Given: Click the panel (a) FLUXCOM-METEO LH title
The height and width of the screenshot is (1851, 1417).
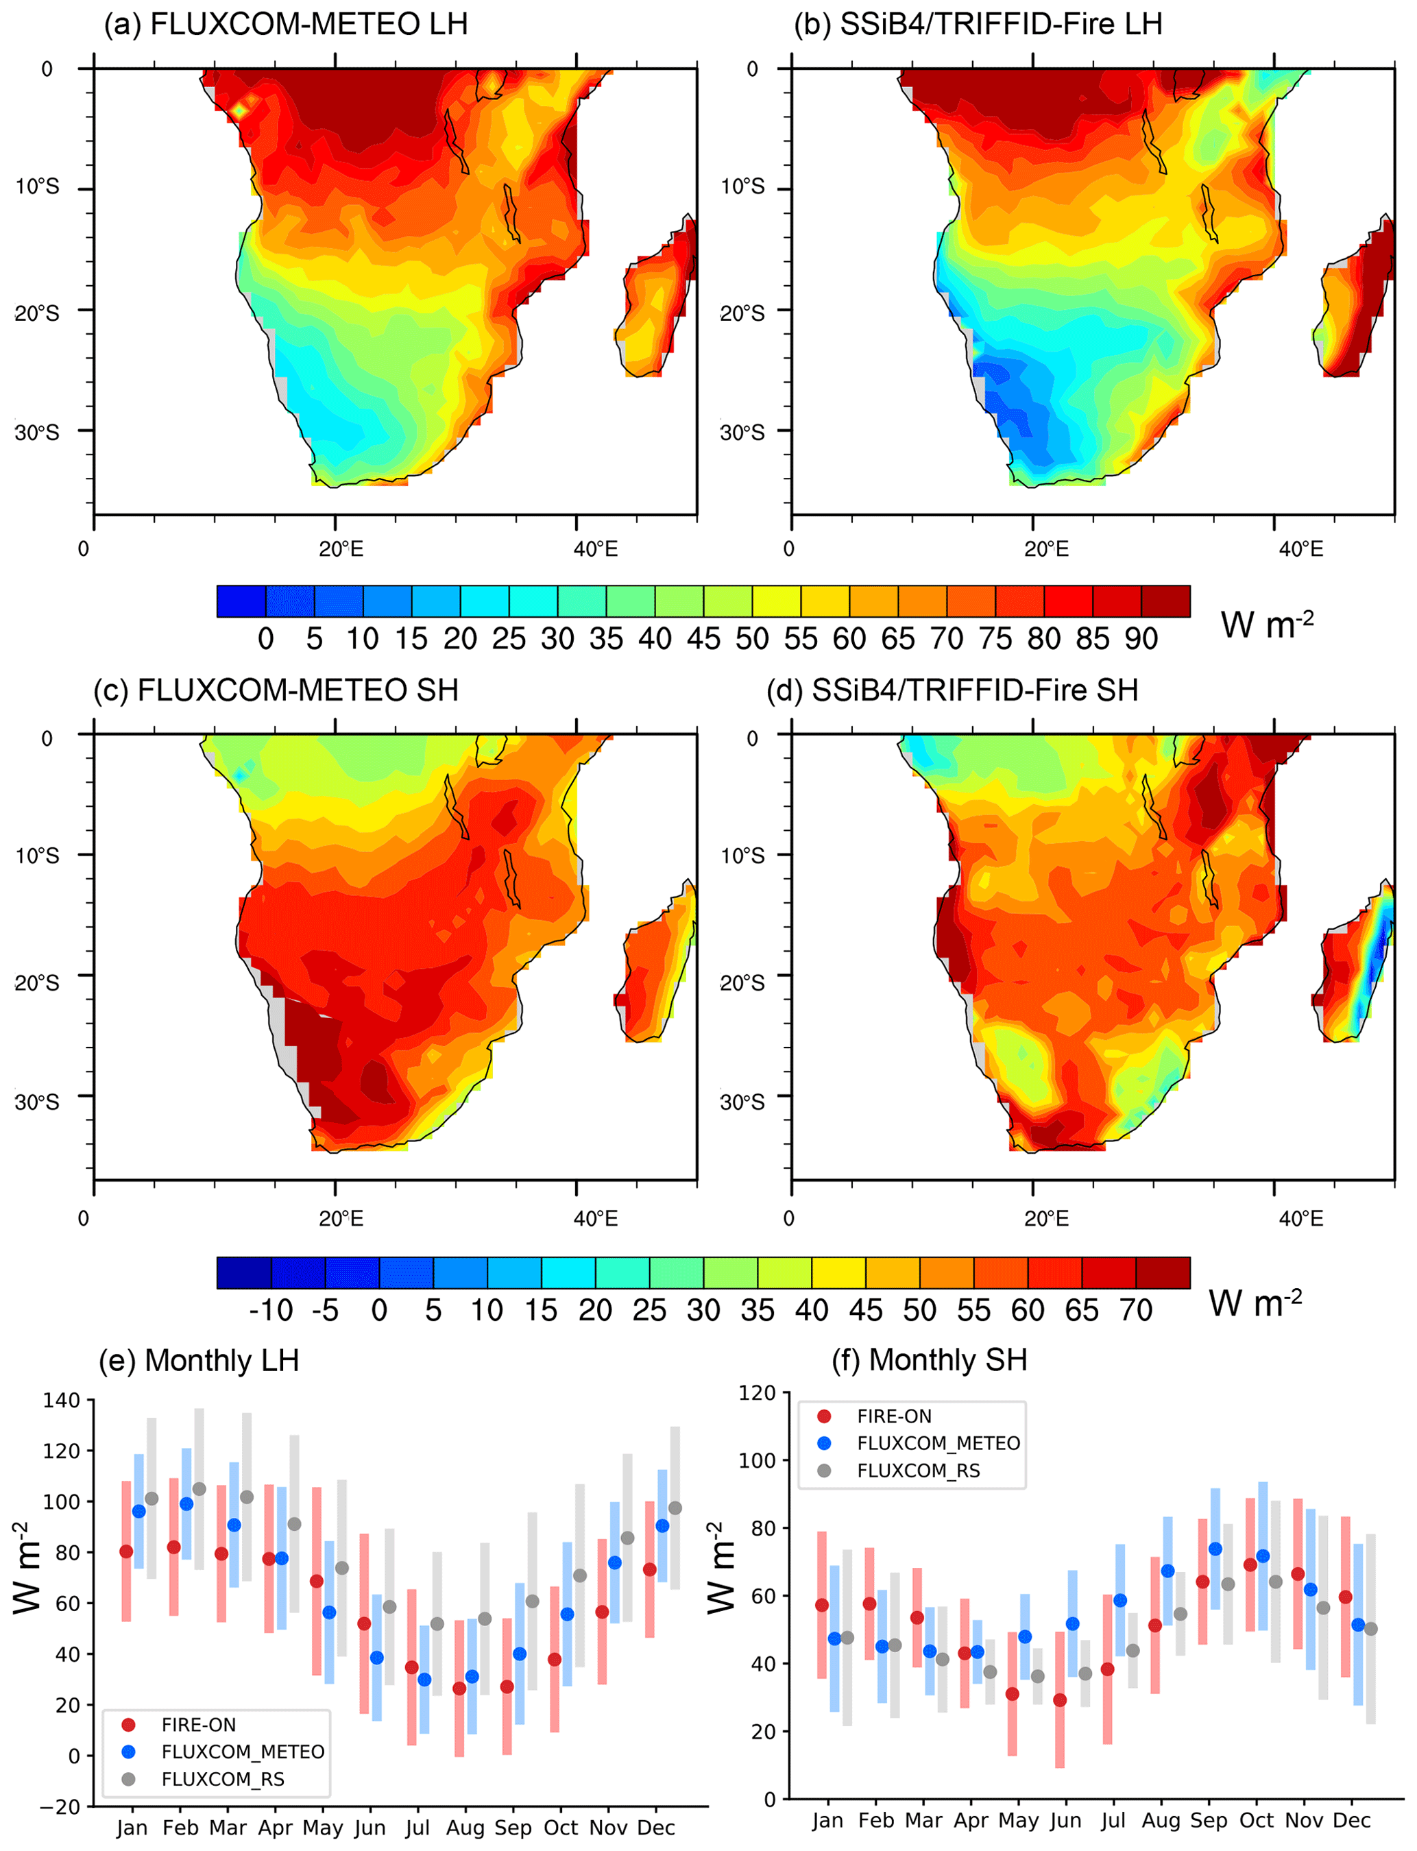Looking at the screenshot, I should tap(285, 23).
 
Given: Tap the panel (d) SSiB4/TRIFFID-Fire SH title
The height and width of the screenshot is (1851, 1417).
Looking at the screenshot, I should tap(952, 690).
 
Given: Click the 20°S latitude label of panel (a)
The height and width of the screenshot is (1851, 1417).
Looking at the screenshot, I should tap(37, 313).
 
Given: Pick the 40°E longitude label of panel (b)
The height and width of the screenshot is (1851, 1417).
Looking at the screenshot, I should tap(1300, 549).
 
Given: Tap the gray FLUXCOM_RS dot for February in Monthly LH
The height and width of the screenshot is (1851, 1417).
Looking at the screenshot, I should tap(199, 1488).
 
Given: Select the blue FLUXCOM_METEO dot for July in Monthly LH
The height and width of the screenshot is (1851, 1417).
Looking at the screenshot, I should tap(424, 1679).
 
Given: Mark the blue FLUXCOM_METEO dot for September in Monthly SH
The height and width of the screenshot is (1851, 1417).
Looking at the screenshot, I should tap(1215, 1549).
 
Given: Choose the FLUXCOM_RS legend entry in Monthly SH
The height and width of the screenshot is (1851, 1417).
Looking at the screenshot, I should tap(918, 1471).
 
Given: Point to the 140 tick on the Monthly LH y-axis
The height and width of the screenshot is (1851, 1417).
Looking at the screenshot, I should tap(61, 1400).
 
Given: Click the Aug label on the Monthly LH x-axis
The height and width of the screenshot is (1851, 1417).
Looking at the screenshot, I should tap(465, 1828).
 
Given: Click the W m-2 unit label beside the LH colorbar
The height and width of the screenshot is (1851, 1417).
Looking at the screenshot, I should tap(1266, 625).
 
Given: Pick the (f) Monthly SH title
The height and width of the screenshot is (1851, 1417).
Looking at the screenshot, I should tap(930, 1360).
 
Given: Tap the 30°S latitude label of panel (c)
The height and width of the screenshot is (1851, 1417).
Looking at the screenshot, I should tap(37, 1102).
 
